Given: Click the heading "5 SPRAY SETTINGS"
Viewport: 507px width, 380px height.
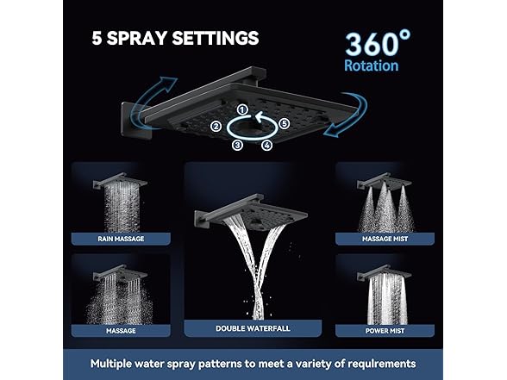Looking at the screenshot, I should click(176, 38).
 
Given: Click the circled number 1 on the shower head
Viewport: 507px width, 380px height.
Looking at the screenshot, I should click(243, 109).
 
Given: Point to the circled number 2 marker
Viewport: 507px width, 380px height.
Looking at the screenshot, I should click(216, 127).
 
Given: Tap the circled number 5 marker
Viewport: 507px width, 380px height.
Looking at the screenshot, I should click(285, 124).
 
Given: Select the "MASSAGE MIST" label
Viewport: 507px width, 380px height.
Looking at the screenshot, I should click(385, 239).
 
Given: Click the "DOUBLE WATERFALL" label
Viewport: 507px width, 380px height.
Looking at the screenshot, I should click(252, 328).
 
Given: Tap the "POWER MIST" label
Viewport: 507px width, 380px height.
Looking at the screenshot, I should click(385, 328).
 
